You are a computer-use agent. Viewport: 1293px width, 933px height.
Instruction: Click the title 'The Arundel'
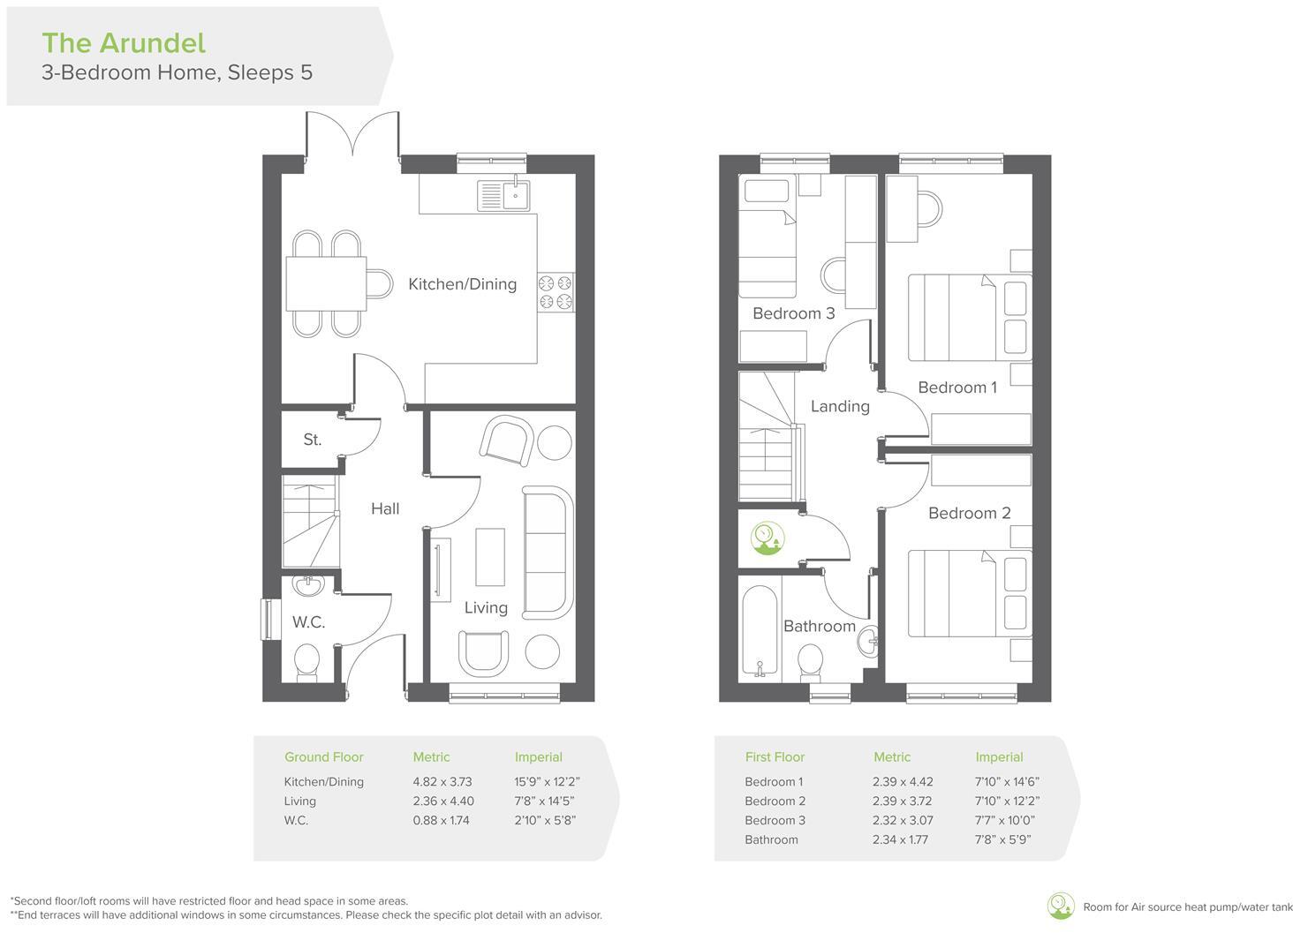(x=124, y=42)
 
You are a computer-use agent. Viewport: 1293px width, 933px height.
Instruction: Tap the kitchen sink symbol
(x=503, y=195)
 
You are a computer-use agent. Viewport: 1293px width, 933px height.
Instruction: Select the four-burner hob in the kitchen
(x=556, y=292)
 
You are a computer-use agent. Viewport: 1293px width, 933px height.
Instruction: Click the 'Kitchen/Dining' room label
(x=462, y=284)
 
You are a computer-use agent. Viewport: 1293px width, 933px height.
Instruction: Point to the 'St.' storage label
(x=312, y=440)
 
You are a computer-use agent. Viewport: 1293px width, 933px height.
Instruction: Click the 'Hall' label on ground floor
(x=385, y=508)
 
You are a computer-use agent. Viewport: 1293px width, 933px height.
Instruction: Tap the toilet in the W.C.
(x=306, y=661)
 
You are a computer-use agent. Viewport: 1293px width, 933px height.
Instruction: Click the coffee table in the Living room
(x=490, y=556)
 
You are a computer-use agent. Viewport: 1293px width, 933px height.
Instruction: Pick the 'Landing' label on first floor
(x=840, y=406)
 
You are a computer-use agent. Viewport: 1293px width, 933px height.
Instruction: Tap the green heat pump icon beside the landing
(x=767, y=538)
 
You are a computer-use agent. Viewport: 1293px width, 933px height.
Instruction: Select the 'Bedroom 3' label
(x=793, y=313)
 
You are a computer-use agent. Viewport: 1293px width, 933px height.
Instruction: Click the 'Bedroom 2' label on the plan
(x=969, y=513)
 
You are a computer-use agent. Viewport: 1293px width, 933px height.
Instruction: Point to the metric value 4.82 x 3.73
(x=442, y=781)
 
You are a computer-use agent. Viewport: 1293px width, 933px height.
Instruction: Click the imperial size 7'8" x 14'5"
(x=544, y=801)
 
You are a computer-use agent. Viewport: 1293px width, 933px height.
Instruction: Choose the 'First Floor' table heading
(x=775, y=756)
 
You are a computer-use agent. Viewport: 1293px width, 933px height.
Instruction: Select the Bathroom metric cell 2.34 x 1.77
(x=900, y=839)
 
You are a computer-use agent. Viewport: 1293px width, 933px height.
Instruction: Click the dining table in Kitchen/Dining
(x=326, y=283)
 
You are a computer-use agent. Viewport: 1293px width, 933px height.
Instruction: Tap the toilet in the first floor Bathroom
(x=810, y=660)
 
